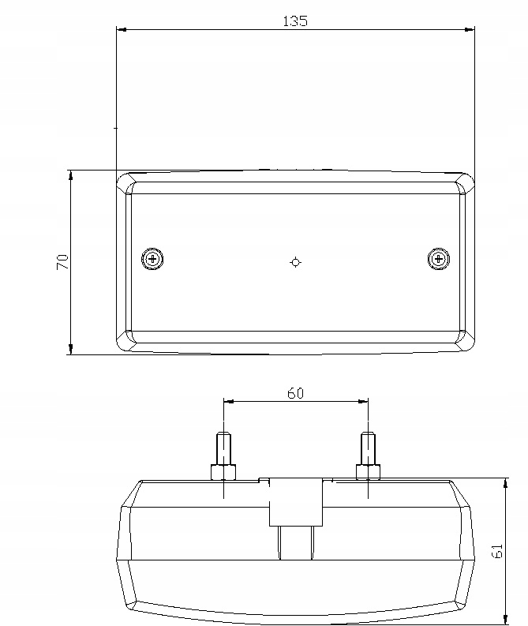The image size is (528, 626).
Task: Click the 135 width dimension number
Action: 294,21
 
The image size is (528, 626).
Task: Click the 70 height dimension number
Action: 62,262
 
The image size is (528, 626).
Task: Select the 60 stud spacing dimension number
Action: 295,393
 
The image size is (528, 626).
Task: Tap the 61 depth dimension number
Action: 497,550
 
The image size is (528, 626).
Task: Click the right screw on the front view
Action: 438,258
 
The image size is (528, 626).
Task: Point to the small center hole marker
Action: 295,262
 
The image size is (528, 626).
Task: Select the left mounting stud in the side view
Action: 223,448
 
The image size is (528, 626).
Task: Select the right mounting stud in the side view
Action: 368,448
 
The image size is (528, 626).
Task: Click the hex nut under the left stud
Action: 223,472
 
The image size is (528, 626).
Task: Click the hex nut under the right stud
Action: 368,472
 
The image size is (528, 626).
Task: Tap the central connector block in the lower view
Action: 296,501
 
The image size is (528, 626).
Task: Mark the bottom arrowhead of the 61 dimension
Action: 505,618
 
